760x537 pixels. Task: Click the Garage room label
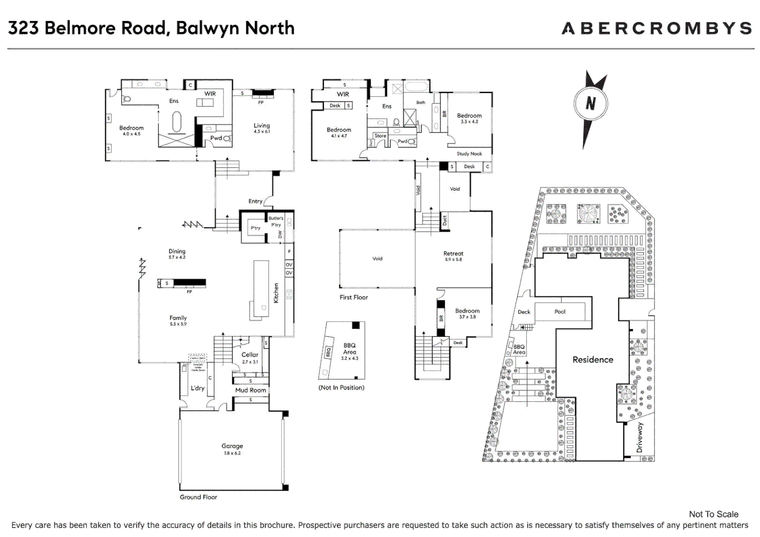pos(232,447)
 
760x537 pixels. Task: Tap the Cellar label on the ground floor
pos(250,355)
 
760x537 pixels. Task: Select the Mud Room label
pos(251,390)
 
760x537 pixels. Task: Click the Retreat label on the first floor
pos(453,254)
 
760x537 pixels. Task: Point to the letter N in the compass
pos(590,103)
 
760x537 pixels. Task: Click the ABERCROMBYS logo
pos(657,28)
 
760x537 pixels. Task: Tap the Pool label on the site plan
pos(560,312)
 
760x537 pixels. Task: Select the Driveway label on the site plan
pos(640,438)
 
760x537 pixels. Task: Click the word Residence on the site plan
pos(592,359)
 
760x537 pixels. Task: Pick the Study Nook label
pos(469,154)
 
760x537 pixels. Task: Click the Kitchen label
pos(276,293)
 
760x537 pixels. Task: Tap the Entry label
pos(255,201)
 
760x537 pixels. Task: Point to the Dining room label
pos(177,252)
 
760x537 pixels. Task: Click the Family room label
pos(178,318)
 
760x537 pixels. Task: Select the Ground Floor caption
pos(198,497)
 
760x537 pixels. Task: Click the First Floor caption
pos(354,297)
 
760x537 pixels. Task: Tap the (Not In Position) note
pos(341,387)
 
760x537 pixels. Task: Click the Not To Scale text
pos(713,514)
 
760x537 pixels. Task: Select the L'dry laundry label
pos(197,388)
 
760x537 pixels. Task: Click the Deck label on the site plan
pos(524,312)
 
